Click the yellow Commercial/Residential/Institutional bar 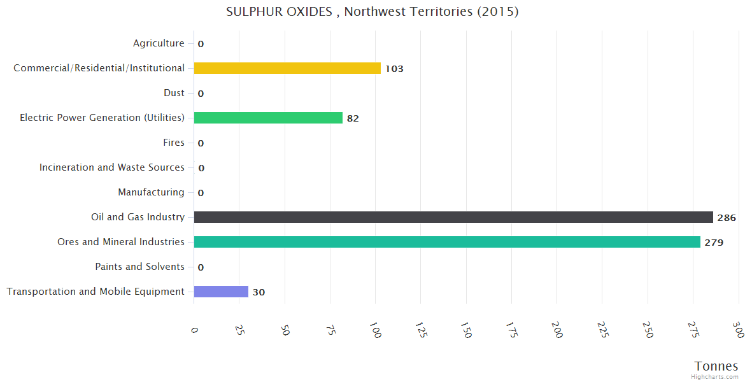[x=287, y=68]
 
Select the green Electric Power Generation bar [x=268, y=118]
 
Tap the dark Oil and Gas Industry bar [x=453, y=217]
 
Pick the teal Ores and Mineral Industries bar [x=447, y=242]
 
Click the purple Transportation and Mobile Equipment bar [x=221, y=292]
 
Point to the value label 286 [x=727, y=218]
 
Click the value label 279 [x=714, y=243]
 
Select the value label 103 [x=394, y=69]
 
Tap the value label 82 [x=353, y=118]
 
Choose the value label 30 [x=259, y=292]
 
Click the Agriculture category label [x=159, y=43]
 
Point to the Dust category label [x=174, y=93]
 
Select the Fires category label [x=173, y=143]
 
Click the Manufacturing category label [x=151, y=192]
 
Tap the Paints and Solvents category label [x=139, y=267]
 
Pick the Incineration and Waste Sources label [x=111, y=167]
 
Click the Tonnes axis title [x=716, y=366]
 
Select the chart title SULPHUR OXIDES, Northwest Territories [x=372, y=11]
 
